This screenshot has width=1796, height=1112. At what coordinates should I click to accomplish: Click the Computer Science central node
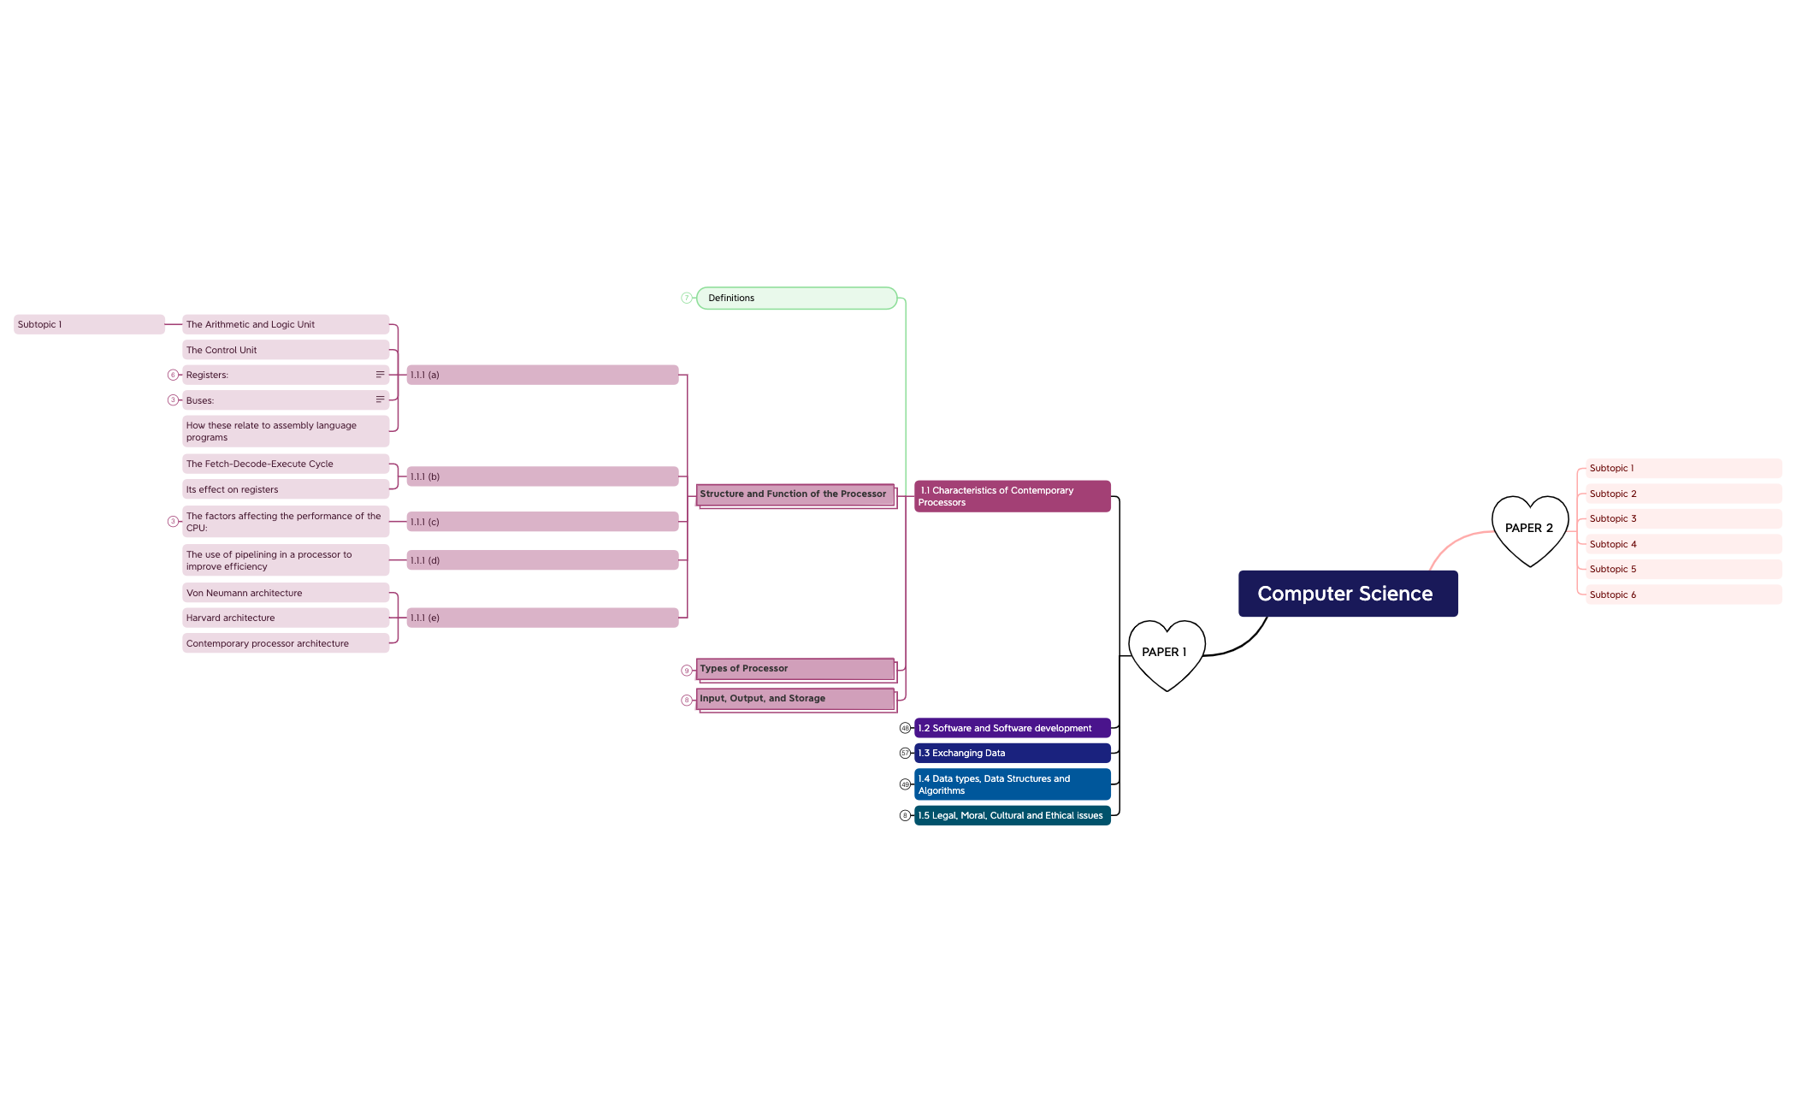(1348, 594)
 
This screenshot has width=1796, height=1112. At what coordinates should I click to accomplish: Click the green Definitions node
(796, 299)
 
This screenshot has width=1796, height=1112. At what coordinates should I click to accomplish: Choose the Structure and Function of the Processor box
(796, 495)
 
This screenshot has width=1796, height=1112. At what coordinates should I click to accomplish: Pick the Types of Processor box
(796, 670)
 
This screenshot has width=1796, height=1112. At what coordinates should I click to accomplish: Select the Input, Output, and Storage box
(796, 700)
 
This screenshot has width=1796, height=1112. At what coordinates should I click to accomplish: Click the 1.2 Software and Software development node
(1013, 728)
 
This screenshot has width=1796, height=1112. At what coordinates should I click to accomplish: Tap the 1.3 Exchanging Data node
(1013, 754)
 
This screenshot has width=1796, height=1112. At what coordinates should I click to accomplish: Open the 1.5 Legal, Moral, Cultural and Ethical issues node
(1013, 816)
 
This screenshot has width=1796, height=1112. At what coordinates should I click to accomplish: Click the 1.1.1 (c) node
(542, 522)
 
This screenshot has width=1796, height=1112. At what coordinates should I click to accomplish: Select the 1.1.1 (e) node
(542, 618)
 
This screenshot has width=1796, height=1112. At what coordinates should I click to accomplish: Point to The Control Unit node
(286, 350)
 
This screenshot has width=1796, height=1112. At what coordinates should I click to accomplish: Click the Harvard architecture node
(286, 618)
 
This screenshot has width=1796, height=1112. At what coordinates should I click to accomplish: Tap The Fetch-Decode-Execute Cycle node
(286, 464)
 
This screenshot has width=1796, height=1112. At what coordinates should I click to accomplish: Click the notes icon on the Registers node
(380, 375)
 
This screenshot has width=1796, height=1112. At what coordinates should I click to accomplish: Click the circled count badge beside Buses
(173, 400)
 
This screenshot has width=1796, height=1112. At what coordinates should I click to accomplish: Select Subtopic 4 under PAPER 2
(1683, 544)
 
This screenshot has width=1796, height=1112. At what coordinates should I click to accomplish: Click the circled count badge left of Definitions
(686, 299)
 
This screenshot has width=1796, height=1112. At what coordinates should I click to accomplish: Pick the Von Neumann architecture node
(286, 593)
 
